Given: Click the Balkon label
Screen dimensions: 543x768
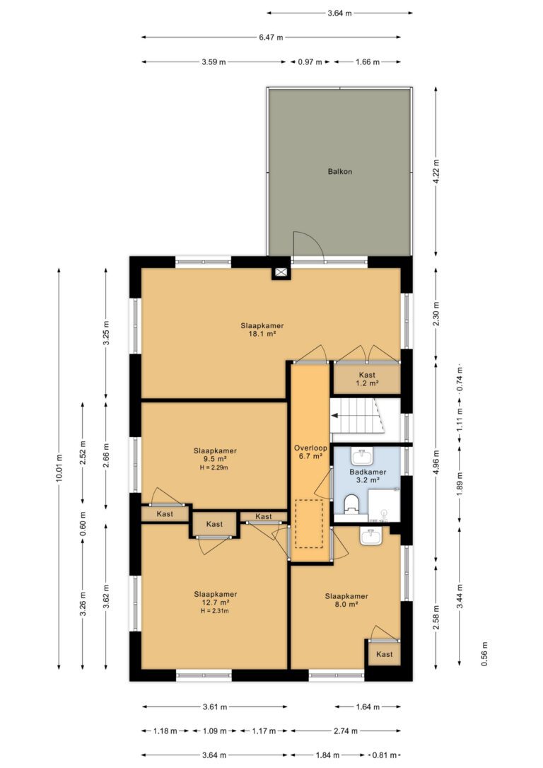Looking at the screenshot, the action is [340, 172].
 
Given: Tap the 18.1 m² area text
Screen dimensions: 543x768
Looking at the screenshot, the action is [262, 334].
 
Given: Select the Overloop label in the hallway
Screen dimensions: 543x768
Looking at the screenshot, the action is [310, 448].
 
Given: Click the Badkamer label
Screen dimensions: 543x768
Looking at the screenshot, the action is [368, 472].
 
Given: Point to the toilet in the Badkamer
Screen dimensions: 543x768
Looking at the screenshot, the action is [351, 504].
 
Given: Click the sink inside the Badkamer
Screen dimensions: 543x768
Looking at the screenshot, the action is [362, 457].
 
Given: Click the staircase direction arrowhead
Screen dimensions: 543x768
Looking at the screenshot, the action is [334, 416].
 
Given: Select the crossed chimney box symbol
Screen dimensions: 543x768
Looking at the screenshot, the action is [281, 273].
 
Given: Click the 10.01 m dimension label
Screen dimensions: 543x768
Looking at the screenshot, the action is [59, 468].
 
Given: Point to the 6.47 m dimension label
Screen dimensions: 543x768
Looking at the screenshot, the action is [271, 37].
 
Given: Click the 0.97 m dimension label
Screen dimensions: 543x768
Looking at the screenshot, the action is [310, 62].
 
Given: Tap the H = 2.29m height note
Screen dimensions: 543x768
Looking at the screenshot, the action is [215, 467].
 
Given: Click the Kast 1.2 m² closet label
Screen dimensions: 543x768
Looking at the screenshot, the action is [367, 379].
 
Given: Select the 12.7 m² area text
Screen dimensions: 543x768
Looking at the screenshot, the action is [215, 603].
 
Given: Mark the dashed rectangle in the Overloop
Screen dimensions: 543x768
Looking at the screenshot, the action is [309, 523].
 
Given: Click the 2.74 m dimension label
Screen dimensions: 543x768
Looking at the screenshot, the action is [346, 731].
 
